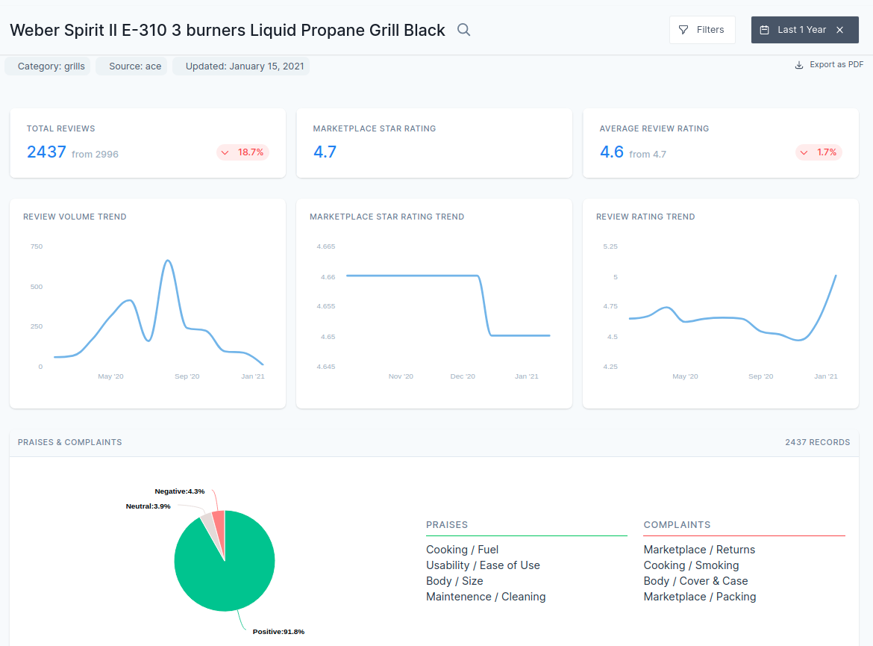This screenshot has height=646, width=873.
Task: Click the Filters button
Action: click(x=702, y=30)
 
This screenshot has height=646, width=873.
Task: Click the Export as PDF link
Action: click(x=829, y=65)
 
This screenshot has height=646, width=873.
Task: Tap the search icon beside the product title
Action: click(x=463, y=30)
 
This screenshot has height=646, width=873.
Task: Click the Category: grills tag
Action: click(x=51, y=66)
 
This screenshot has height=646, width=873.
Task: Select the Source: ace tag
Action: click(x=135, y=66)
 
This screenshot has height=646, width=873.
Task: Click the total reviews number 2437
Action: click(x=47, y=152)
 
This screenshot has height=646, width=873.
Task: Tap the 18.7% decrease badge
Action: click(x=243, y=152)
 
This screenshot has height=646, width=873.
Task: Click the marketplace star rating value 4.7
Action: click(x=325, y=152)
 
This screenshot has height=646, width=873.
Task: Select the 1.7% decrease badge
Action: click(x=819, y=152)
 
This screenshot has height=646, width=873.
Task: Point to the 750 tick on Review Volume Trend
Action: click(x=37, y=246)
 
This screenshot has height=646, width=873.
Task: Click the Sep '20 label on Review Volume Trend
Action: click(x=187, y=376)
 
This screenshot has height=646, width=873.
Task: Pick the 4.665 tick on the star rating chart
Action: click(x=326, y=246)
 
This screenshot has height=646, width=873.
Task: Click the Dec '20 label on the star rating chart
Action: click(x=463, y=376)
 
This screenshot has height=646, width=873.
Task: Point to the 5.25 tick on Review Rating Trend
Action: click(x=610, y=246)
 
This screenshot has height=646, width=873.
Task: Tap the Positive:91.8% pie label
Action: click(x=278, y=632)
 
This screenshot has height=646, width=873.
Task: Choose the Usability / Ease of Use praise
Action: click(x=483, y=565)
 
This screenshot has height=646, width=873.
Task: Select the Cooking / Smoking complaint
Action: click(x=691, y=565)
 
